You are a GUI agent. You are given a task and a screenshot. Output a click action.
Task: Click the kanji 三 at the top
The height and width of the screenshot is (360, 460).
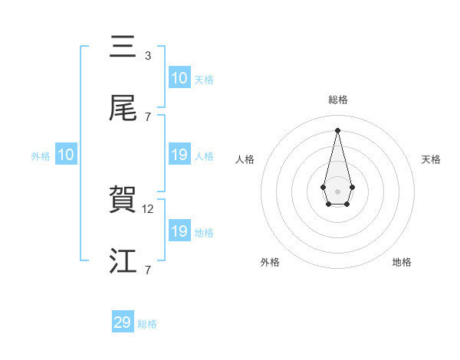(x=123, y=47)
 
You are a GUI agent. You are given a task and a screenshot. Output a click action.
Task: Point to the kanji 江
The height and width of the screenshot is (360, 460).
(x=123, y=261)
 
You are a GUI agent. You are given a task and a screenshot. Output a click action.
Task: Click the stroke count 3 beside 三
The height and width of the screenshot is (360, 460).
(x=148, y=56)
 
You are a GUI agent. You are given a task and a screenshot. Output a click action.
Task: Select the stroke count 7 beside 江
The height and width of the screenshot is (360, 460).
(x=148, y=270)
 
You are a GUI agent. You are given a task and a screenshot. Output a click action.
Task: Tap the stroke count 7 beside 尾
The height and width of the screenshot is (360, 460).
(x=148, y=117)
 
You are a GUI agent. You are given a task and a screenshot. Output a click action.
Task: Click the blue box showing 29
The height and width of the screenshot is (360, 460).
(x=123, y=322)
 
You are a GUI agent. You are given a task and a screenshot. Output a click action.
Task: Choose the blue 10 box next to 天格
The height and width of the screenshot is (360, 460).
(x=179, y=78)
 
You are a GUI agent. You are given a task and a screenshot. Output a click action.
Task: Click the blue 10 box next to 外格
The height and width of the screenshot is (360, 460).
(x=66, y=155)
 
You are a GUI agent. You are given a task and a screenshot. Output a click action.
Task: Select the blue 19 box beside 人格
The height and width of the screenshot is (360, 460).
(x=179, y=155)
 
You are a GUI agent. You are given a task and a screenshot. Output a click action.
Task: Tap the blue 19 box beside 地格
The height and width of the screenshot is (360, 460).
(x=179, y=231)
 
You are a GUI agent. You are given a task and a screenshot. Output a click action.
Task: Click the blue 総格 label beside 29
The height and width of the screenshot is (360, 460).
(x=147, y=324)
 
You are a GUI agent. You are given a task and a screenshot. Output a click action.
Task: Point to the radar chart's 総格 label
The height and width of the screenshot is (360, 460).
(x=337, y=100)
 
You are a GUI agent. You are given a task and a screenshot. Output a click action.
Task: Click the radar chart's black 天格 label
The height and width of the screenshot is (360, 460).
(x=432, y=159)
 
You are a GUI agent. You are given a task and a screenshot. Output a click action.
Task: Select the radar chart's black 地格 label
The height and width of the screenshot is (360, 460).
(x=402, y=262)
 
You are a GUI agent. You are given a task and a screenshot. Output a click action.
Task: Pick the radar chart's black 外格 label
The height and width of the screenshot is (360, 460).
(x=270, y=262)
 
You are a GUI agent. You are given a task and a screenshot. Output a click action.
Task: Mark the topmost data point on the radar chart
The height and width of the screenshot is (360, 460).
(x=337, y=130)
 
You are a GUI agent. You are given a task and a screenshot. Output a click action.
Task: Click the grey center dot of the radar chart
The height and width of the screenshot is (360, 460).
(x=337, y=191)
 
